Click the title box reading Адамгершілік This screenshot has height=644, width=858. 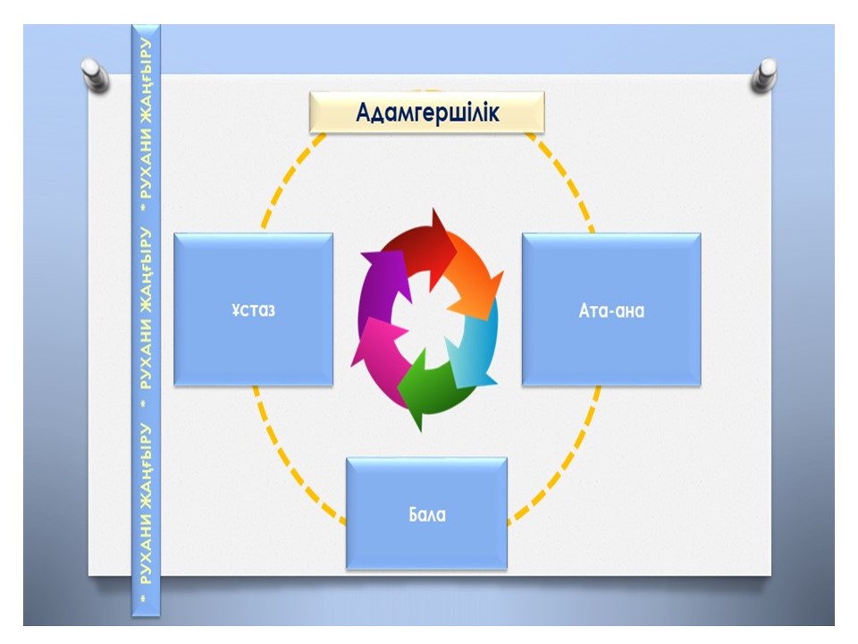[x=426, y=113]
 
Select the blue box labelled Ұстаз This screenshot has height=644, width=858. [x=253, y=309]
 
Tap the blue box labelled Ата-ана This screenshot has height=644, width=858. [x=611, y=309]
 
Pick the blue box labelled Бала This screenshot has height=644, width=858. [x=426, y=513]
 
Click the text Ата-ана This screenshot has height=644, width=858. [x=611, y=311]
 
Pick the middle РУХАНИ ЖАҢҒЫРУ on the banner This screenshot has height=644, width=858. [x=145, y=304]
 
